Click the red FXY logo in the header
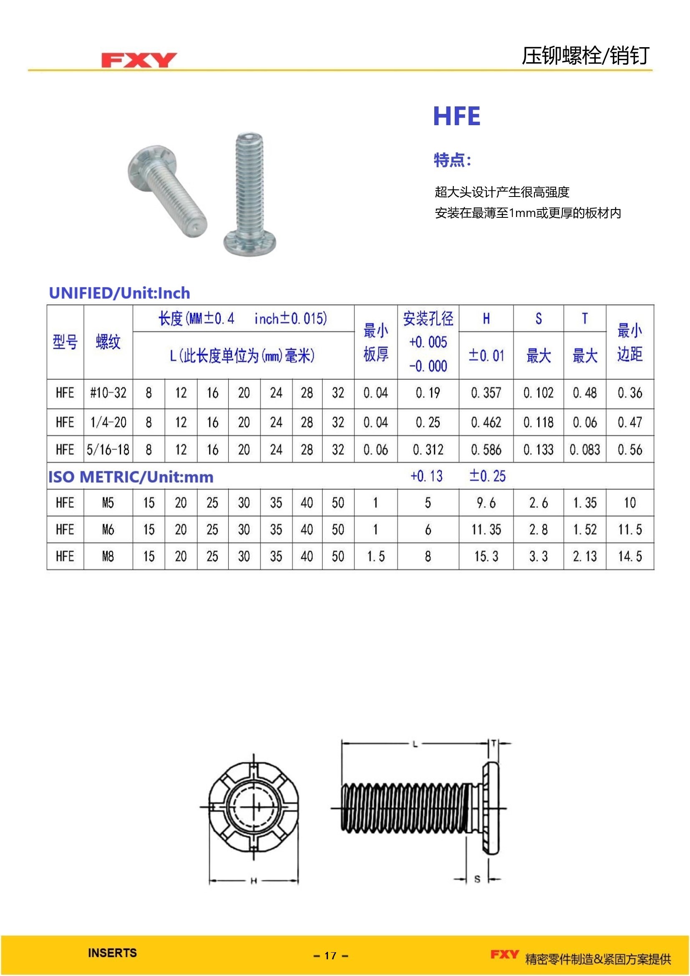[x=139, y=60]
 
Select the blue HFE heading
[x=456, y=116]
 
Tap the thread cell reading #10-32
[x=108, y=393]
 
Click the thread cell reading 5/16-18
[x=108, y=449]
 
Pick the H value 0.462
[x=486, y=422]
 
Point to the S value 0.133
[x=538, y=449]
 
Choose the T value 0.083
[x=584, y=449]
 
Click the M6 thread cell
[x=108, y=529]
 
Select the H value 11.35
[x=486, y=529]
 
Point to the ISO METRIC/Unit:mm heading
[x=131, y=477]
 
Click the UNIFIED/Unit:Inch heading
[x=119, y=293]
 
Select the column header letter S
[x=538, y=318]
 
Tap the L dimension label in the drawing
[x=415, y=744]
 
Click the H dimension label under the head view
[x=253, y=881]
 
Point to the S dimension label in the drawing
[x=477, y=879]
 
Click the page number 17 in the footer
[x=330, y=956]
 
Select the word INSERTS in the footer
[x=112, y=953]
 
